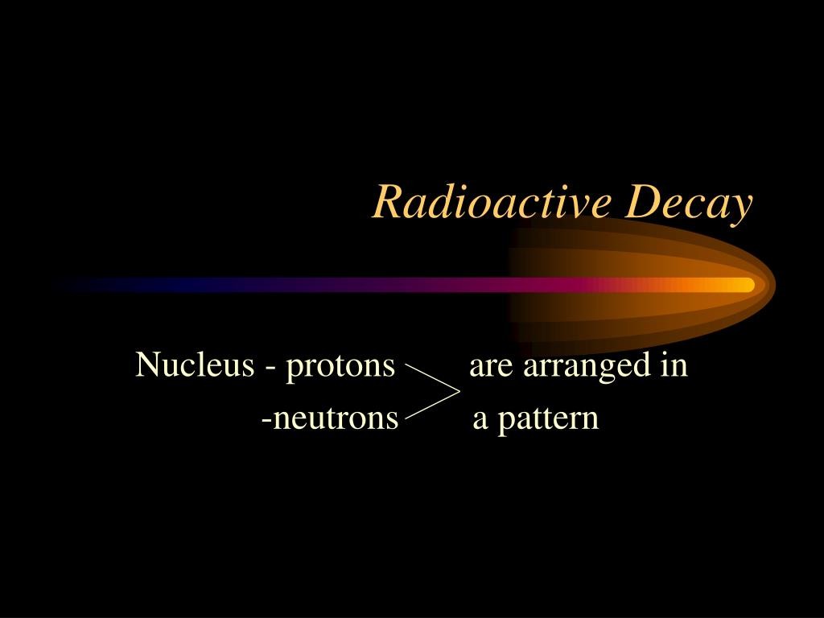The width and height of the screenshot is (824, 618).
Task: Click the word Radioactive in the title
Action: click(493, 202)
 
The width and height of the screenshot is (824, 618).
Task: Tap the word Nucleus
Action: click(194, 365)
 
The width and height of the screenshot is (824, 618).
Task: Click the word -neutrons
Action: click(330, 419)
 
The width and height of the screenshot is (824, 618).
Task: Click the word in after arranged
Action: click(674, 365)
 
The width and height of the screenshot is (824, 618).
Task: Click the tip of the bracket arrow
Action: click(459, 393)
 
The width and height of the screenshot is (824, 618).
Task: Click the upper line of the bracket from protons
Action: click(432, 379)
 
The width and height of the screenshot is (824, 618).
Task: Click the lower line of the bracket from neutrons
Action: click(432, 406)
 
